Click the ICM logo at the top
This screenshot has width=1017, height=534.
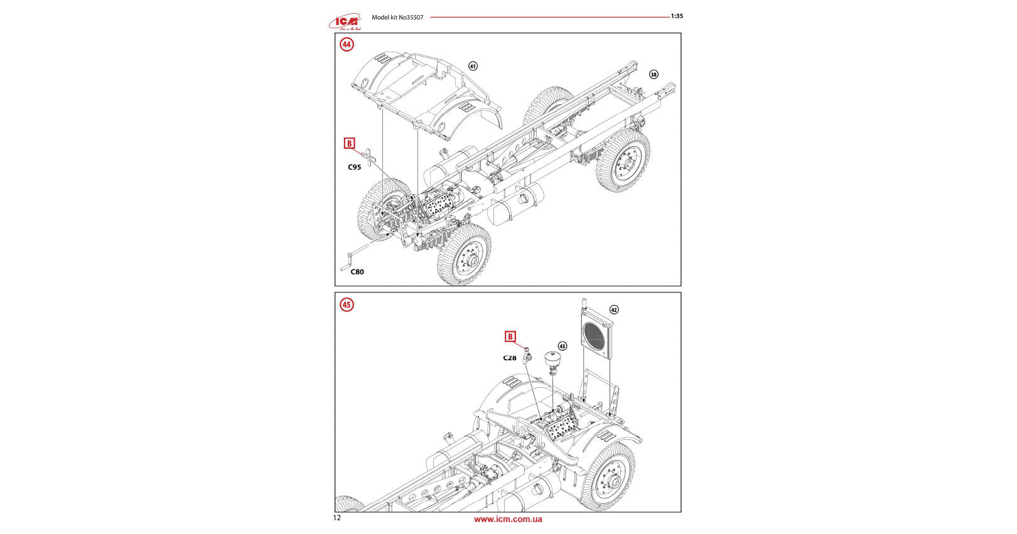(345, 22)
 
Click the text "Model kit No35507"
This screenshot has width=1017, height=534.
(397, 18)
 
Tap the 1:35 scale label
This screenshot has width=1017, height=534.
(677, 16)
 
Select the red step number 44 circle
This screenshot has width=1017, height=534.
(347, 45)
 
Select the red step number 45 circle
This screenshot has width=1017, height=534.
(347, 305)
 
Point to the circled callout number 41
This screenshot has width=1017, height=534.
(473, 66)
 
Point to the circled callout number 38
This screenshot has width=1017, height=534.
(654, 75)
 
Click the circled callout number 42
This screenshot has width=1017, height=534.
(614, 310)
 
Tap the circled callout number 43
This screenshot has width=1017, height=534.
(562, 346)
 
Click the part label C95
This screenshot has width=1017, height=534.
(355, 168)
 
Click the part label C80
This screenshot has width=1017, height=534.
(357, 272)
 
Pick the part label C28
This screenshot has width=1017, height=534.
(510, 358)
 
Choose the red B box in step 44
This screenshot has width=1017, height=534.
(350, 144)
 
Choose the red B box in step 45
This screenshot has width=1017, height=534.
(510, 337)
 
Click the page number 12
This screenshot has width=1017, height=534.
(337, 518)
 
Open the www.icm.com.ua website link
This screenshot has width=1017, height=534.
(508, 519)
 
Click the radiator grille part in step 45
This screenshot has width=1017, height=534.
(596, 338)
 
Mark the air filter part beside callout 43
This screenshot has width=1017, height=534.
(552, 360)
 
